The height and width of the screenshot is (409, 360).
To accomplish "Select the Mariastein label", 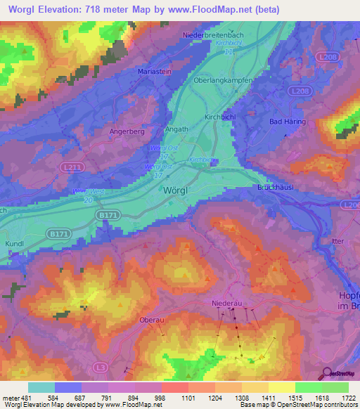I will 171,70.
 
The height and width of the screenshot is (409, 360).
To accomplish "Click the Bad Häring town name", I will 285,122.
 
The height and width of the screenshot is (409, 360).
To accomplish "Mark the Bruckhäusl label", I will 274,188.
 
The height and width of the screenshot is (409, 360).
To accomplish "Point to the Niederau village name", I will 227,303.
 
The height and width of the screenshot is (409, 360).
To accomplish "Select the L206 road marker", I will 352,203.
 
